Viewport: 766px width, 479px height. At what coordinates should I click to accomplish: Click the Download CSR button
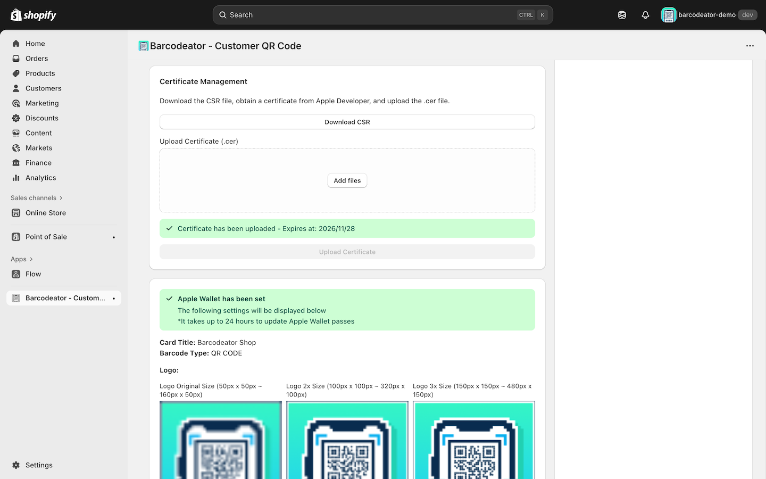pos(347,122)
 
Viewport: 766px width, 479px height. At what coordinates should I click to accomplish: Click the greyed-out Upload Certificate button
pos(347,252)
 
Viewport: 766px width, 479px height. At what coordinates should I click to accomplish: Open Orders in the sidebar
pos(37,59)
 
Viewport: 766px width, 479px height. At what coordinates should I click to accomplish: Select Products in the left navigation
pos(40,73)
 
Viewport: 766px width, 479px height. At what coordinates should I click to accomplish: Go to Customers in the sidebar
pos(43,88)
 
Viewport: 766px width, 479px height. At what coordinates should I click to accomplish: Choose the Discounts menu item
pos(41,118)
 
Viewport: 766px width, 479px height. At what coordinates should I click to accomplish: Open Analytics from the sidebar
pos(40,178)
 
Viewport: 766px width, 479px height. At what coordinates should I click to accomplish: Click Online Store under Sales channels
pos(46,213)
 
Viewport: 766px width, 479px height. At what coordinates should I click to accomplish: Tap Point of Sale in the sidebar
pos(46,237)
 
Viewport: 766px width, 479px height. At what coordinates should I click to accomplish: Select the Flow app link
pos(33,274)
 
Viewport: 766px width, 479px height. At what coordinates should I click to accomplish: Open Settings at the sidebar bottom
pos(39,465)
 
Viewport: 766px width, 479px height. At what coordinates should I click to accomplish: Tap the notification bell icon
pos(645,15)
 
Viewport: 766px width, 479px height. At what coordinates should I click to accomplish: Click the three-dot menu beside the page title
pos(750,46)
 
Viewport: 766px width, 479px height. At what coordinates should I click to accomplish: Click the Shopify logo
pos(34,15)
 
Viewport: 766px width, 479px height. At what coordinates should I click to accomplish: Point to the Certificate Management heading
pos(203,81)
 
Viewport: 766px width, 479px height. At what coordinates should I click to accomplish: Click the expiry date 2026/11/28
pos(337,229)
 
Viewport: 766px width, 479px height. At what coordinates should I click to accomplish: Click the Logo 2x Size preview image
pos(347,440)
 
